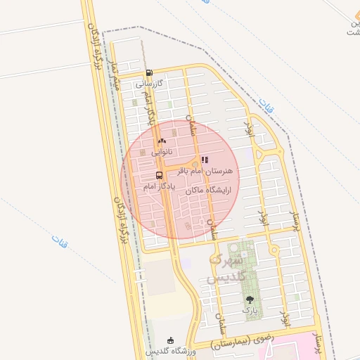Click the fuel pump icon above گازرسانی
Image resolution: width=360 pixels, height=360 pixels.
[148, 73]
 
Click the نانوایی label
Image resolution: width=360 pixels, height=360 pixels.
[160, 151]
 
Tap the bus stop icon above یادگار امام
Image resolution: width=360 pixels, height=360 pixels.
[159, 176]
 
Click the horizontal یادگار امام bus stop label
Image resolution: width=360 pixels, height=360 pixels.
[157, 186]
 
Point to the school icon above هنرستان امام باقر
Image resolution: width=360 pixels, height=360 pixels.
[205, 160]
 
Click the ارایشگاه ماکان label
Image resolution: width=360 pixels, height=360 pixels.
[210, 191]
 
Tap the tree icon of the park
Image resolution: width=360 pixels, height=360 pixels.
[250, 300]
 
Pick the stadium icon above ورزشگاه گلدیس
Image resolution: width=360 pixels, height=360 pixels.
[169, 341]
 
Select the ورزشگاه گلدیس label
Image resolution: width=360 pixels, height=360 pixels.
[168, 351]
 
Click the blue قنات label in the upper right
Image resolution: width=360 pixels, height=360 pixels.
[265, 106]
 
